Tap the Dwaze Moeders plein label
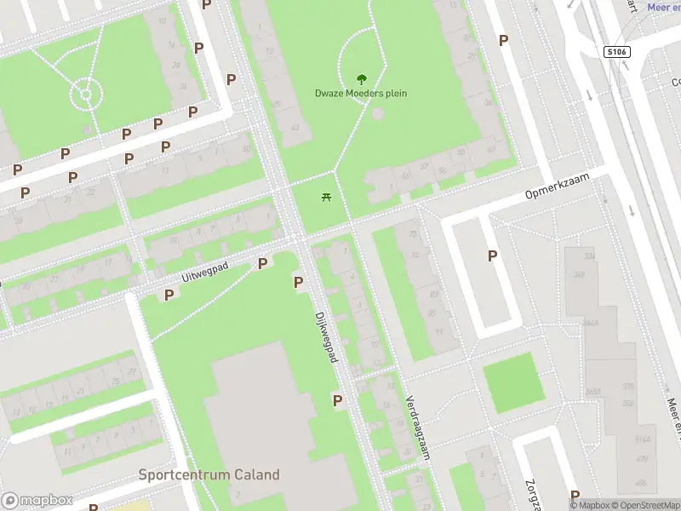360,93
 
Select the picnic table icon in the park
326,198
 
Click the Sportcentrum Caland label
209,474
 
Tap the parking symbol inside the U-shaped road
492,255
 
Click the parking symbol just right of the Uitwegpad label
262,264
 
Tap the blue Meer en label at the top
663,7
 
